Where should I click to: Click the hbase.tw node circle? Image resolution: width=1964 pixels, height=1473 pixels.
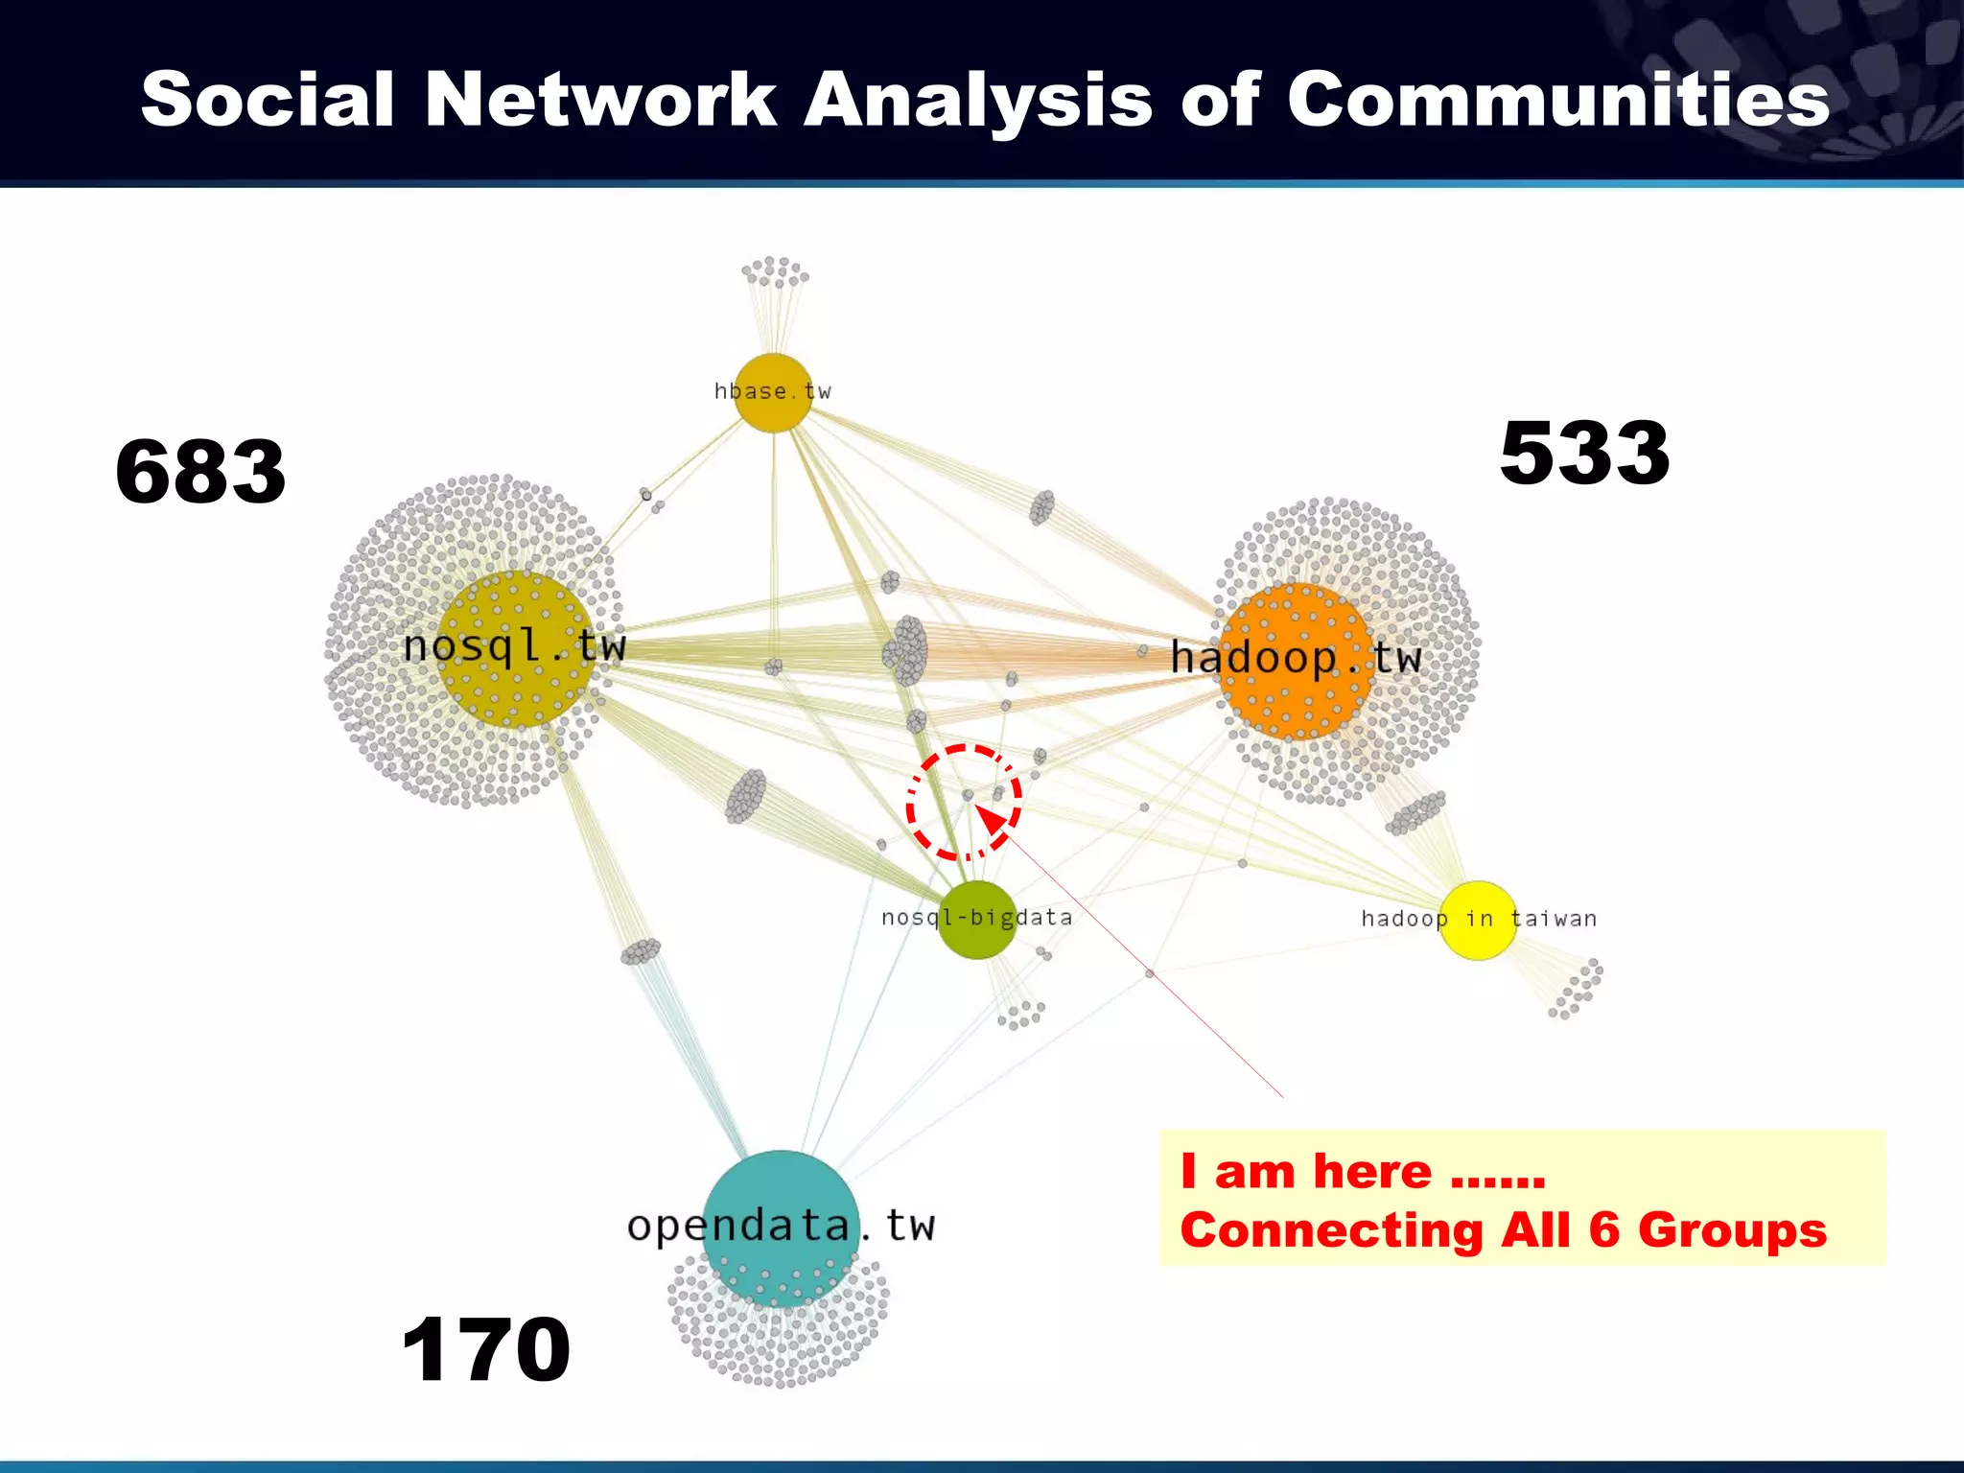point(773,393)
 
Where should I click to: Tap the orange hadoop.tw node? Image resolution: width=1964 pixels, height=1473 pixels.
point(1295,662)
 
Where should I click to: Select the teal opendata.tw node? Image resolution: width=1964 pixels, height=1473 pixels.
point(781,1227)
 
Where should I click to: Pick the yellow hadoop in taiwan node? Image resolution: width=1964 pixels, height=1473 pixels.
point(1478,920)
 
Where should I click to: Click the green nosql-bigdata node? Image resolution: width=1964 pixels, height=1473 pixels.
point(976,920)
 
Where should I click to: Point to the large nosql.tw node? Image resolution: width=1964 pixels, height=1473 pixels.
point(516,649)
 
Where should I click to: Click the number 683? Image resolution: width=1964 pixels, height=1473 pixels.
point(200,471)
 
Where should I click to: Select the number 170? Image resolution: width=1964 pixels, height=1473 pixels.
point(486,1349)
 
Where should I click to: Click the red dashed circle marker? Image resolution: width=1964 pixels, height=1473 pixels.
point(964,803)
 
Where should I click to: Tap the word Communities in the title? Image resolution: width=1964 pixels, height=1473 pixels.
point(1557,99)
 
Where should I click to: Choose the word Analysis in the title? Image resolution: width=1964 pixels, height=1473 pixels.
point(977,99)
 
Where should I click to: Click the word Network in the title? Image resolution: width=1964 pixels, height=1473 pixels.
point(599,99)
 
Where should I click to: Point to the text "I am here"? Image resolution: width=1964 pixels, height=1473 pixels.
point(1306,1171)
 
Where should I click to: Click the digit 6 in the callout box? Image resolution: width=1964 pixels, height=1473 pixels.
point(1604,1229)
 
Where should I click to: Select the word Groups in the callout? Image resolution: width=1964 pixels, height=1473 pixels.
point(1732,1229)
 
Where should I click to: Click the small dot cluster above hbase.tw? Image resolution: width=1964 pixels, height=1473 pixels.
point(775,272)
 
